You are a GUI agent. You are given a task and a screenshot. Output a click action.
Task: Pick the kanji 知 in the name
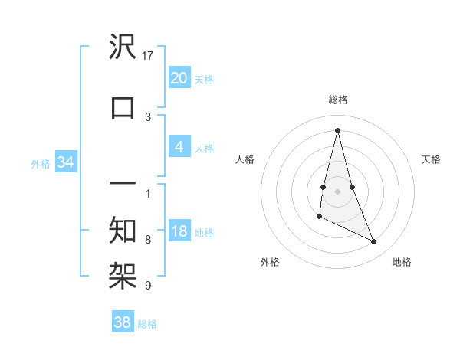coord(123,229)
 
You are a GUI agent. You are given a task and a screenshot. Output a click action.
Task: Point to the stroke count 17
coord(148,56)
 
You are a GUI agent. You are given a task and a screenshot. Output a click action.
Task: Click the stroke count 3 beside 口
coord(148,116)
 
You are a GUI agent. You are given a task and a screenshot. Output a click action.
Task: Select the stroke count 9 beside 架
coord(148,286)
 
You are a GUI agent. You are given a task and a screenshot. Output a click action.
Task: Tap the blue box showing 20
coord(179,77)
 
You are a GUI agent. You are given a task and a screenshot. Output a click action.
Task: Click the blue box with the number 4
coord(179,146)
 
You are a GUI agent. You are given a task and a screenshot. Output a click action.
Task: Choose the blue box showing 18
coord(179,231)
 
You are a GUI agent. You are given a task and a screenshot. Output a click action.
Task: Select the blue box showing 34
coord(66,162)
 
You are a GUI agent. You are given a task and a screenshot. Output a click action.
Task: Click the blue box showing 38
coord(123,322)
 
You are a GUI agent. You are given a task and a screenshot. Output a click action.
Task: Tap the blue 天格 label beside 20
coord(204,79)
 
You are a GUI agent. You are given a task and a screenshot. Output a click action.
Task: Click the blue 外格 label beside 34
coord(41,163)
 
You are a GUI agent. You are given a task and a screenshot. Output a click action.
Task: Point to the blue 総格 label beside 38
coord(147,324)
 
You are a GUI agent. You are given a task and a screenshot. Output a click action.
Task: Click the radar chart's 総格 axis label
coord(337,100)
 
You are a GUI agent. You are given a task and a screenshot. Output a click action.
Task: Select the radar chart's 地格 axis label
coord(402,262)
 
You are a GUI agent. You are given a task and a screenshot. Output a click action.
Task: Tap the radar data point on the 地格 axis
coord(374,242)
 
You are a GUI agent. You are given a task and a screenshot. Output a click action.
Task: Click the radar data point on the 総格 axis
coord(337,130)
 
